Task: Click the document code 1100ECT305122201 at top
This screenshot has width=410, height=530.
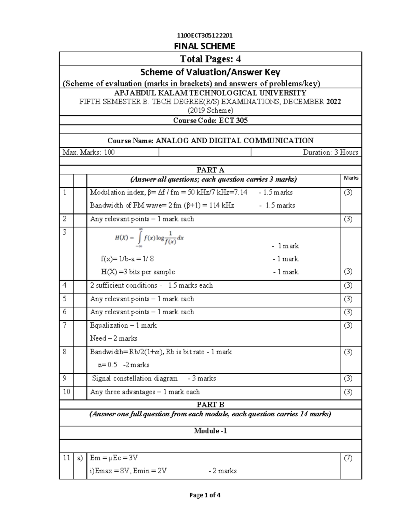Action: (205, 36)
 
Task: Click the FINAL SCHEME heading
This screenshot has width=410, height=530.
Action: (205, 46)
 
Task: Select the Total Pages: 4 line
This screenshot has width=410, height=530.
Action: (210, 59)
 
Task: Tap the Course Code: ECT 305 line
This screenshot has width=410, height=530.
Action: (210, 120)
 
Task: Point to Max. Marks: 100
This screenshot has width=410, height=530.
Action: (88, 153)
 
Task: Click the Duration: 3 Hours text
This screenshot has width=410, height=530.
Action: (330, 153)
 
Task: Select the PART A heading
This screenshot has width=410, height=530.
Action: (210, 170)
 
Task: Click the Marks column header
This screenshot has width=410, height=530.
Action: (351, 178)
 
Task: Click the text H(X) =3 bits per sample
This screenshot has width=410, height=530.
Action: (138, 272)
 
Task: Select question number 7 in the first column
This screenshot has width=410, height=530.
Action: (65, 325)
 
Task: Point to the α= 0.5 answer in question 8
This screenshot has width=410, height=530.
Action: (107, 365)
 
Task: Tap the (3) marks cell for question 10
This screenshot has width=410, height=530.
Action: (348, 392)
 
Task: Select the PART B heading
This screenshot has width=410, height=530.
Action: (210, 405)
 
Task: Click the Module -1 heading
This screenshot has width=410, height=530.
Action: (210, 431)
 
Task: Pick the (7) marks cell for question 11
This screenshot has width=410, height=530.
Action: (348, 458)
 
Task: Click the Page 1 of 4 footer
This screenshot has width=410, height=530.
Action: (205, 495)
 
